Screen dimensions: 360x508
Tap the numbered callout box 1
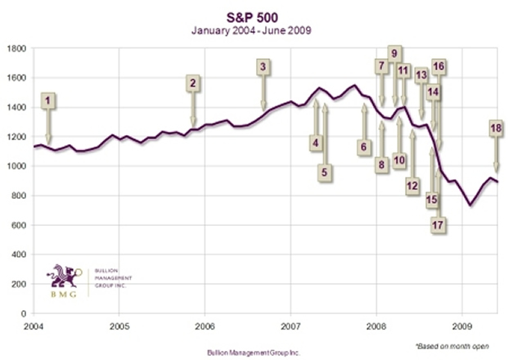[x=48, y=101]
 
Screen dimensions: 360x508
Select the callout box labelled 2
[x=193, y=83]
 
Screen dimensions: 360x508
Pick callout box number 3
[x=263, y=67]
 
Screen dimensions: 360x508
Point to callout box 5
[x=325, y=172]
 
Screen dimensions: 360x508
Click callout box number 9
[x=394, y=54]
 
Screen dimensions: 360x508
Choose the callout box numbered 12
[x=412, y=186]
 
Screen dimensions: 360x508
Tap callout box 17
[x=438, y=223]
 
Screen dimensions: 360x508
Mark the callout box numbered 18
[x=496, y=128]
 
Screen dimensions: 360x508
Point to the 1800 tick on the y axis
[x=16, y=48]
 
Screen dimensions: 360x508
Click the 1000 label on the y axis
[x=16, y=166]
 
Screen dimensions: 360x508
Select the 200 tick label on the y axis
[x=19, y=284]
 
